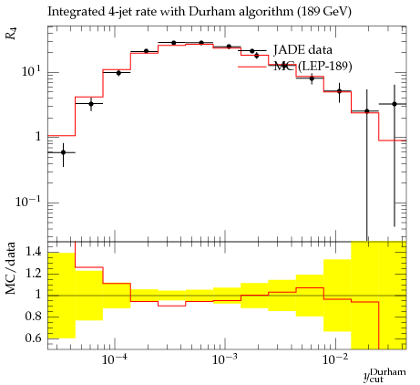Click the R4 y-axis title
tap(11, 34)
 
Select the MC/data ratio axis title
tap(11, 268)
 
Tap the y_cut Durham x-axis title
tap(384, 375)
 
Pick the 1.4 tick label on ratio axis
tap(33, 252)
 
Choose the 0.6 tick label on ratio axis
tap(33, 338)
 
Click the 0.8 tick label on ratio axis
tap(33, 317)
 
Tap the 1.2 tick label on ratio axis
tap(33, 274)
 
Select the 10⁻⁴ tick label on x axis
tap(115, 359)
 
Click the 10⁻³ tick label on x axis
tap(225, 359)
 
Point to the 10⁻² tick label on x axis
tap(335, 359)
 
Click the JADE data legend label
tap(302, 49)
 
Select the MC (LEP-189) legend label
tap(312, 66)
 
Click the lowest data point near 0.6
tap(63, 152)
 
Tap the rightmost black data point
tap(394, 104)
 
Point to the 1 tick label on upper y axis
tap(38, 136)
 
